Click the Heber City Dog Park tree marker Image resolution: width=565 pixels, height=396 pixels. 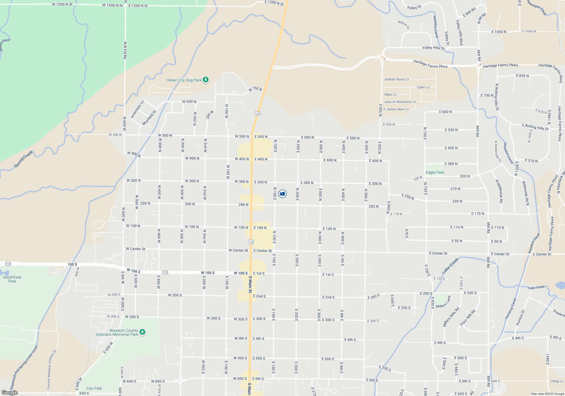[x=206, y=80]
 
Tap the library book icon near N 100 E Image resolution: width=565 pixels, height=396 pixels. [x=282, y=194]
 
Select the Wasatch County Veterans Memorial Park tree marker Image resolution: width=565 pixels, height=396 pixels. [x=142, y=332]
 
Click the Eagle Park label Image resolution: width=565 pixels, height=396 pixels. [x=435, y=172]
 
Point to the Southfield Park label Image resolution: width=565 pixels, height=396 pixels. [x=12, y=279]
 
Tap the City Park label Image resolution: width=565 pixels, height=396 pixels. [x=94, y=388]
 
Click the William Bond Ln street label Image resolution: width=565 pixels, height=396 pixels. [x=397, y=79]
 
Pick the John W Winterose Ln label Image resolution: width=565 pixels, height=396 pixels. [x=400, y=102]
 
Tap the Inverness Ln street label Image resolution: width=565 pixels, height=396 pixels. [x=137, y=109]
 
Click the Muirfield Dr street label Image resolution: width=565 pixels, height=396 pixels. [x=149, y=118]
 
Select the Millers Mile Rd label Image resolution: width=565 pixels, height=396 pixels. [x=451, y=317]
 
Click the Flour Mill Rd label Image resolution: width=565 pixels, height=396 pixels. [x=468, y=318]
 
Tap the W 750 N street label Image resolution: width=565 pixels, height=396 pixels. [x=255, y=89]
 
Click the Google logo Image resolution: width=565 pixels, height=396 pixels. [x=9, y=393]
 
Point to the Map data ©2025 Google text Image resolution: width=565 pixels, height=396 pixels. [x=547, y=394]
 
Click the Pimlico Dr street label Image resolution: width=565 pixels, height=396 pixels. [x=520, y=318]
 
